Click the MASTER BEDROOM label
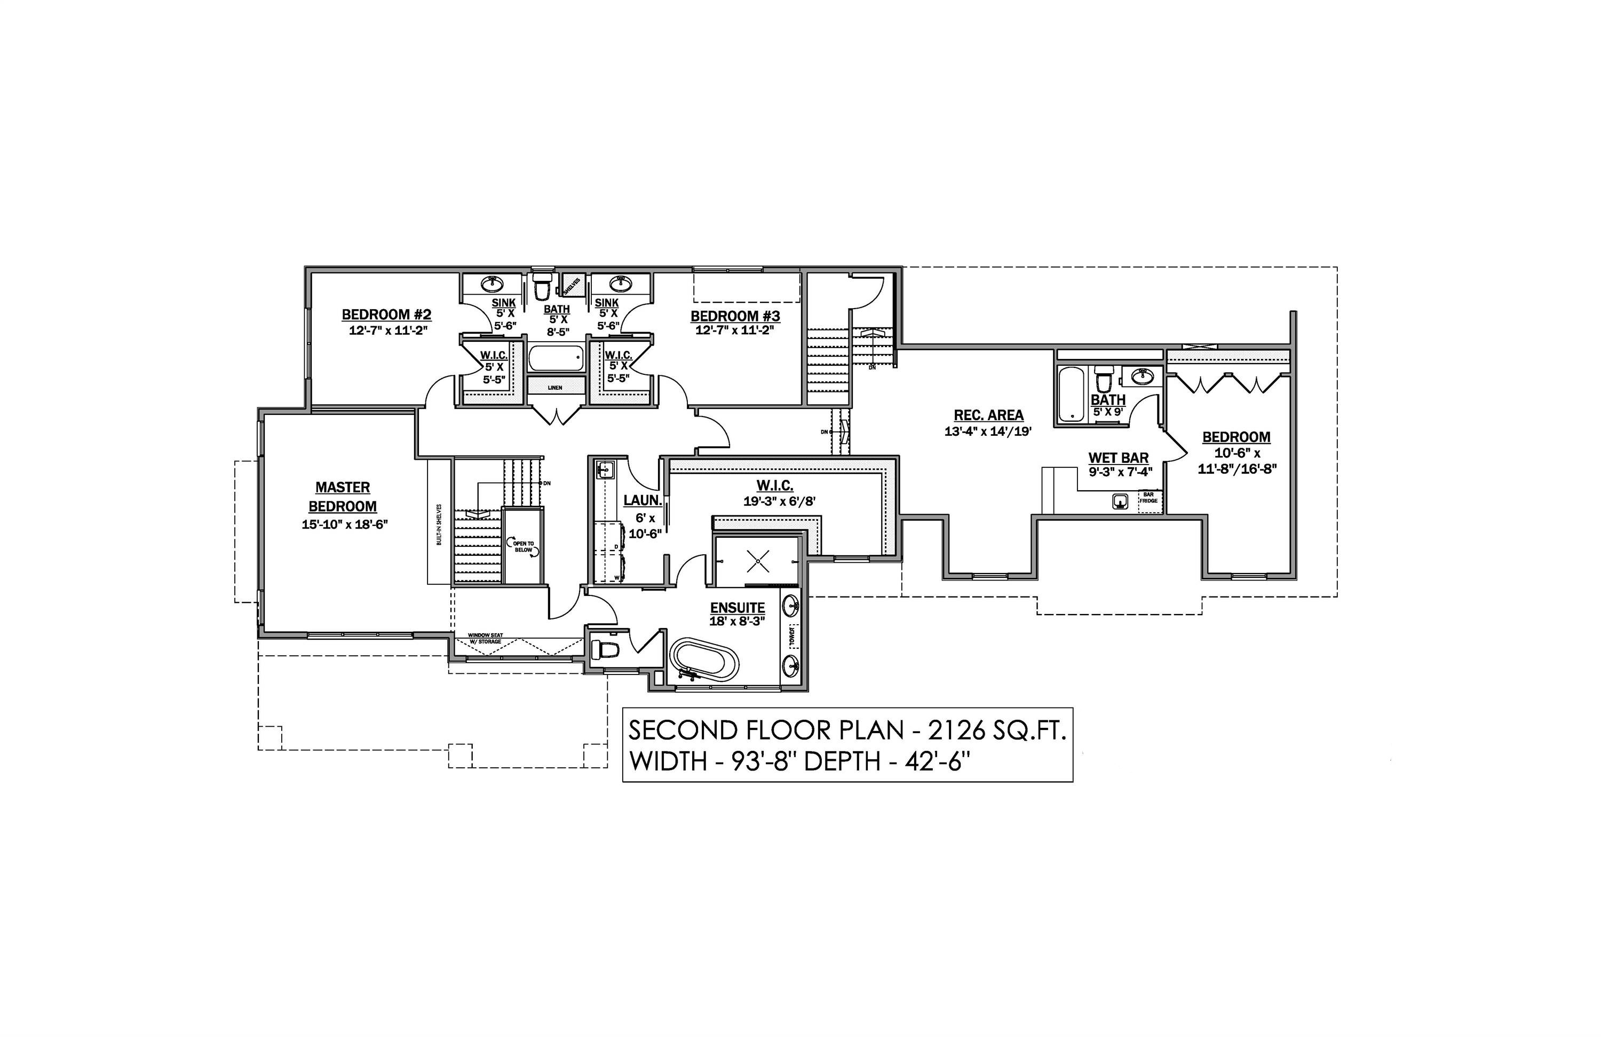click(x=343, y=496)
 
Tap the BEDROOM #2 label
click(x=386, y=315)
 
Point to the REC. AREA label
click(x=988, y=415)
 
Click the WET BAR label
click(x=1119, y=458)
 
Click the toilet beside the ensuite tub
click(x=604, y=649)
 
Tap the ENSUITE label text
click(x=738, y=608)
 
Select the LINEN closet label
click(x=555, y=388)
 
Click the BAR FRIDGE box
click(x=1148, y=497)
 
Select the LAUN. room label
click(x=643, y=500)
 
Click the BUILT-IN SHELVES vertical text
click(x=439, y=524)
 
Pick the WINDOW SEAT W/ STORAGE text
click(x=485, y=638)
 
